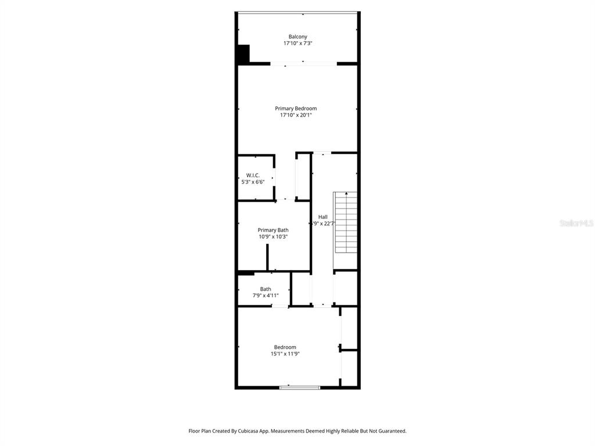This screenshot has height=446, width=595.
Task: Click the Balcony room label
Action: click(x=297, y=37)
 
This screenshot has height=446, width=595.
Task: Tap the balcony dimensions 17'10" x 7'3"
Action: click(x=297, y=44)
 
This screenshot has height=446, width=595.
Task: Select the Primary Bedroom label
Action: click(x=296, y=109)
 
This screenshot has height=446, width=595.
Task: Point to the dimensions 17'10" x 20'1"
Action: click(x=296, y=116)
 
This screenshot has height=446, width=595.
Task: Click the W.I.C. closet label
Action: click(x=253, y=175)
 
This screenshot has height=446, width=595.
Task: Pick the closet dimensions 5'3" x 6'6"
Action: click(x=253, y=182)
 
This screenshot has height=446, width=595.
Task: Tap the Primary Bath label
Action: click(x=273, y=230)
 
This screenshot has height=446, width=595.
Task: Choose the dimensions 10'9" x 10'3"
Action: click(x=273, y=237)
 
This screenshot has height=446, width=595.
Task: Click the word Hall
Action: click(x=322, y=217)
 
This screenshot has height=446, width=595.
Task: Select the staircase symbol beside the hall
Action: click(x=345, y=231)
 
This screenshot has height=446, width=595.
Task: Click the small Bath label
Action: click(x=266, y=289)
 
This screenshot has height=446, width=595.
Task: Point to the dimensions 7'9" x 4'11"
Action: click(x=266, y=296)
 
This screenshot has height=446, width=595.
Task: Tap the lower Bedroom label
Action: click(x=285, y=347)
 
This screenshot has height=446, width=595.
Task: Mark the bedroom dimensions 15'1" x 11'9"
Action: click(x=285, y=354)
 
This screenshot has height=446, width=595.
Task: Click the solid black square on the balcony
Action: click(x=243, y=54)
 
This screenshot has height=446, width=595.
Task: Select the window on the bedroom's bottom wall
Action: click(x=300, y=387)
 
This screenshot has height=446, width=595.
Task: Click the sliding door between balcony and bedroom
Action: click(x=303, y=63)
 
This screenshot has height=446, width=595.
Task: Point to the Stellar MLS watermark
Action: click(x=576, y=223)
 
